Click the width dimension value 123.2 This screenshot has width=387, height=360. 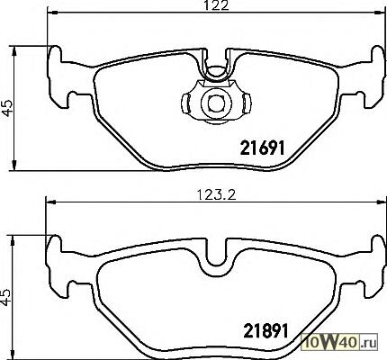tap(217, 195)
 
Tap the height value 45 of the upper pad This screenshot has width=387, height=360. tap(7, 108)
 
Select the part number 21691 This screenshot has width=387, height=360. tap(262, 148)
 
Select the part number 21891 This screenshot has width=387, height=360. tap(265, 330)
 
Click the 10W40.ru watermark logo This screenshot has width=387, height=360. tap(339, 342)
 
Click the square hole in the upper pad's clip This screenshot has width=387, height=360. tap(215, 103)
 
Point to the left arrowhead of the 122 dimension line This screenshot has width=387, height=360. tap(52, 13)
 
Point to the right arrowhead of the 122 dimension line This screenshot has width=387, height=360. tap(380, 13)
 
